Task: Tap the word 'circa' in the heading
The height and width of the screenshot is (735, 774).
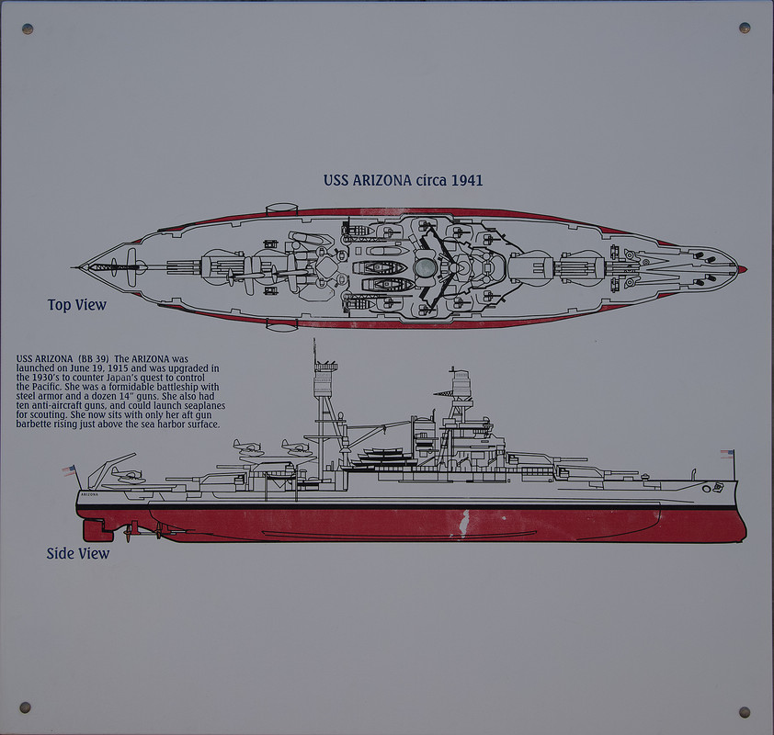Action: [x=427, y=180]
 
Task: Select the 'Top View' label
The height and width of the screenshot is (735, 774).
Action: [x=77, y=305]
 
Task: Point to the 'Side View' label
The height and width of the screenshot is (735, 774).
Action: [x=78, y=553]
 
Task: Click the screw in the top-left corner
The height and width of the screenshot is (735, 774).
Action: [x=28, y=29]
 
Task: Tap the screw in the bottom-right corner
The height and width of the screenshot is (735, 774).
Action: [x=744, y=712]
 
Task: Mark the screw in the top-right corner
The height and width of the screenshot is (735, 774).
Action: [x=745, y=28]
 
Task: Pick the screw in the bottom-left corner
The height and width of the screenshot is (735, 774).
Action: [x=26, y=707]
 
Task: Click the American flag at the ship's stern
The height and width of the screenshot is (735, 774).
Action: [x=69, y=470]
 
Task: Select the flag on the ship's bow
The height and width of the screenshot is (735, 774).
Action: [x=728, y=454]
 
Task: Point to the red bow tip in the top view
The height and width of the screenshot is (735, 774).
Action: [x=742, y=269]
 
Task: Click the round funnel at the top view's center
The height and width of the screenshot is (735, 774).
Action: [x=425, y=267]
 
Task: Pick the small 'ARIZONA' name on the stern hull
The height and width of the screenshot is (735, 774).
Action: [x=89, y=494]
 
